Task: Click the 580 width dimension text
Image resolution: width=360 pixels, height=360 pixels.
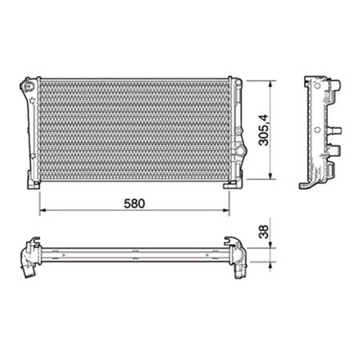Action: (134, 203)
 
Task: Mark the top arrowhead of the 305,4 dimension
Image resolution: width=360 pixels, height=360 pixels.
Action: (272, 81)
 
